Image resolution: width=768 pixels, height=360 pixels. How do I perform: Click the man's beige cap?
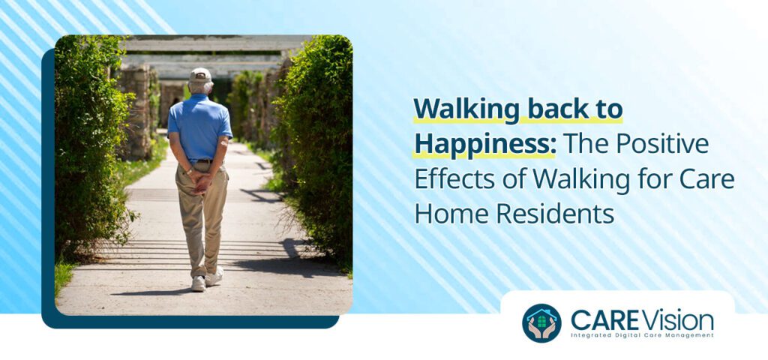[199, 75]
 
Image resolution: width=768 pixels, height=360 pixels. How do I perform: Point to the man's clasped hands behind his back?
[201, 180]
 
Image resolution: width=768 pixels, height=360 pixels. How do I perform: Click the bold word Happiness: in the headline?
[484, 142]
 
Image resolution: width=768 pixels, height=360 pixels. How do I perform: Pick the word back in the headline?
[553, 109]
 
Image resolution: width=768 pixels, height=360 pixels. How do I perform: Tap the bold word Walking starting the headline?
[466, 109]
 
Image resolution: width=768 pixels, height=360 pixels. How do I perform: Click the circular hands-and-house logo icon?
[541, 323]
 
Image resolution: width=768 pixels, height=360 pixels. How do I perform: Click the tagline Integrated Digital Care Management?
[641, 335]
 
